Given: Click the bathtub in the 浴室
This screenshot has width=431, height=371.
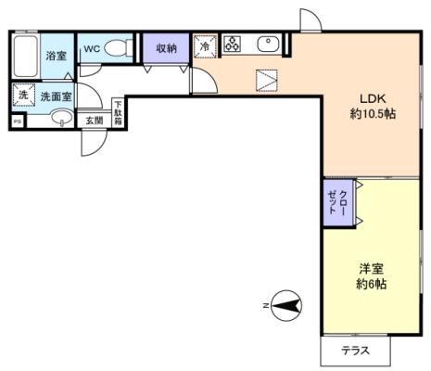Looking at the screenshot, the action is point(26,57).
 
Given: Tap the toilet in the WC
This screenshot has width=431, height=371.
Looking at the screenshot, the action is point(119,48).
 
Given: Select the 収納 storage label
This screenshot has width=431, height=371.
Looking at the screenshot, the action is point(166,48).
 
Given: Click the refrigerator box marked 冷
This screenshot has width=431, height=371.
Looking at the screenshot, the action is point(204,46).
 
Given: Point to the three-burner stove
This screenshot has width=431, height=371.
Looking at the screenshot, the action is point(233,44).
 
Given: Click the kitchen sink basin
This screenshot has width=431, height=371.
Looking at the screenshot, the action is point(268,44).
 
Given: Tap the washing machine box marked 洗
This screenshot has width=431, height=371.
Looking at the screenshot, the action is point(23,95).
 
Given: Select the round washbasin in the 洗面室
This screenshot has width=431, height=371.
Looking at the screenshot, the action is point(62,118).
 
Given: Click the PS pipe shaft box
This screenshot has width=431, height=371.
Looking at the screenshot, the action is point(18,122).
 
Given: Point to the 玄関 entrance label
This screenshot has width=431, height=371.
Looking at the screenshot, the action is point(95,120).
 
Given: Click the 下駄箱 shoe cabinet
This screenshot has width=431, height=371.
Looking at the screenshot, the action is point(118,112).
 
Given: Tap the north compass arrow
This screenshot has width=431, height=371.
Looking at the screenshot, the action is point(286,306).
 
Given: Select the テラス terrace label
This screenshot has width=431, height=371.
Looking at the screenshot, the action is point(355,351).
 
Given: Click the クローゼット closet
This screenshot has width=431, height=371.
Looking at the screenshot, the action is point(338,203).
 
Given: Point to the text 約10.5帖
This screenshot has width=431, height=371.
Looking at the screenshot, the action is point(373,114).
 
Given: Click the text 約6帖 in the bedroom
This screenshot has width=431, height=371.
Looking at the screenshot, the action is point(371,284).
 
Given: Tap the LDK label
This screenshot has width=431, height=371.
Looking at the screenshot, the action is point(373,98).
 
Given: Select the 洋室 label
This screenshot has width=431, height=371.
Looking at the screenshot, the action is point(371,268).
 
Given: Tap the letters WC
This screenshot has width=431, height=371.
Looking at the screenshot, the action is point(92,48).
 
